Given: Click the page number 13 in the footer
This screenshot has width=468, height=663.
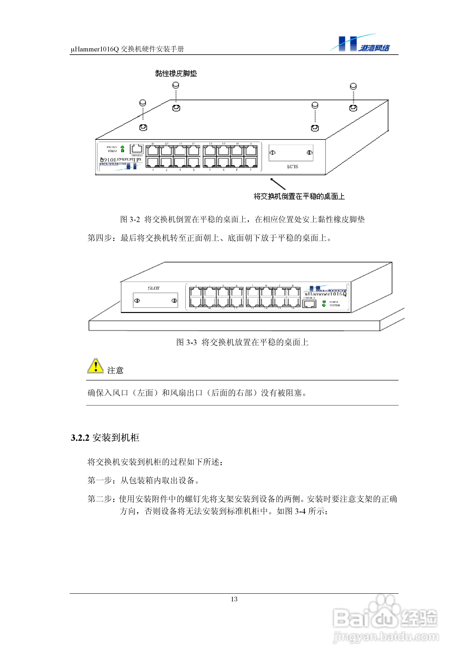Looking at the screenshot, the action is tap(234, 599).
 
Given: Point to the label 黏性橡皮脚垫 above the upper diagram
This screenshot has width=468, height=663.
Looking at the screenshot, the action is tap(176, 73).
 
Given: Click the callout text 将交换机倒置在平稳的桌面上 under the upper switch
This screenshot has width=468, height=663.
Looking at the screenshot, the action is tap(299, 196).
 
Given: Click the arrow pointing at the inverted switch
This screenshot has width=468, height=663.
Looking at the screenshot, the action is tap(278, 184).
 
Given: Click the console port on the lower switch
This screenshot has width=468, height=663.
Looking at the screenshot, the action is tap(309, 304).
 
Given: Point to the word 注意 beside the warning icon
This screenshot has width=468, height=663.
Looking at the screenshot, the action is tap(115, 370).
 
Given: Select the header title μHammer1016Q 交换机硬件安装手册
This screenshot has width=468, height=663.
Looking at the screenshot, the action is tap(127, 49).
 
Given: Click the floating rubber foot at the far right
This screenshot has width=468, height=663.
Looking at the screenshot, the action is tap(353, 86).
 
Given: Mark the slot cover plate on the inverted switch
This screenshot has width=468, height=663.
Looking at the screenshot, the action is tap(291, 153).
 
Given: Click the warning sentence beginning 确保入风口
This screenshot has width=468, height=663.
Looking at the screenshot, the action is tap(197, 393).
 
